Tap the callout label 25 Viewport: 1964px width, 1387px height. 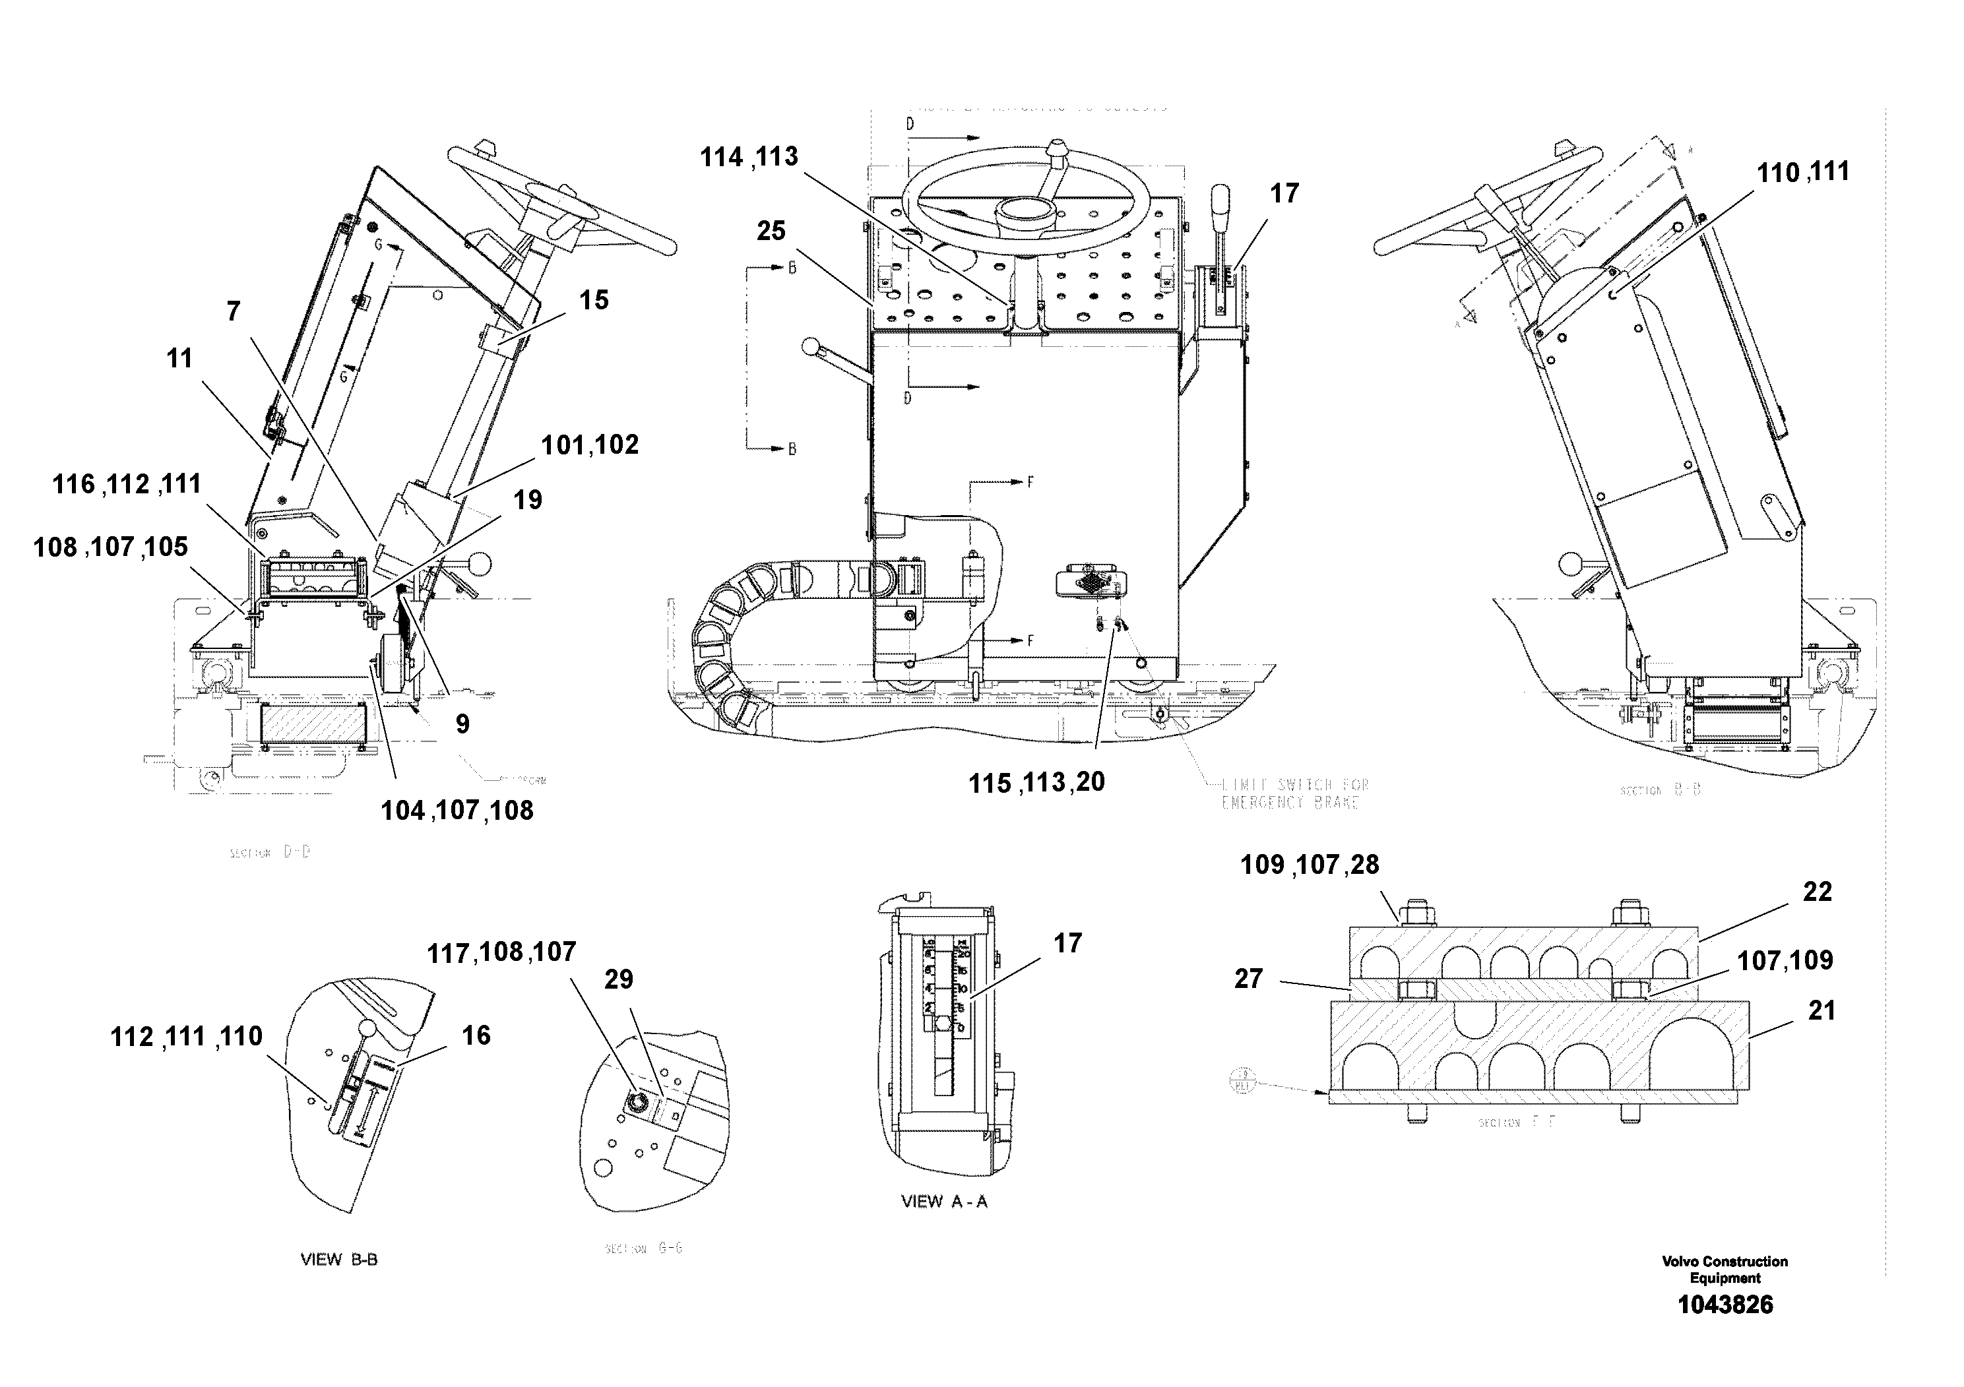pos(771,231)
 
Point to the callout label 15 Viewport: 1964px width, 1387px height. pos(594,300)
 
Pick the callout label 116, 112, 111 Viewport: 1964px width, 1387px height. pos(127,484)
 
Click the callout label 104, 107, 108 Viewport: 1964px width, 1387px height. pos(457,810)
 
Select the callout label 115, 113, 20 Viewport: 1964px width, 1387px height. pos(1036,782)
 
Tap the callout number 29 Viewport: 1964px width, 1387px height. pos(618,979)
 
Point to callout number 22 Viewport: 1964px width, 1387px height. pos(1817,892)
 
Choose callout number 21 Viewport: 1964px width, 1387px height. pos(1822,1011)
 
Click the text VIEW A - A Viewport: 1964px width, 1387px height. pos(943,1202)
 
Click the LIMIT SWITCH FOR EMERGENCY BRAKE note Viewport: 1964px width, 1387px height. pos(1294,793)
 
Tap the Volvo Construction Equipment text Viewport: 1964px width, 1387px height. pos(1725,1269)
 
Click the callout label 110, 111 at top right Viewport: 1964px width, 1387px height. pos(1802,173)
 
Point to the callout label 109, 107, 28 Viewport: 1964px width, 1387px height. pos(1310,865)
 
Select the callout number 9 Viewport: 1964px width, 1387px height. pos(462,724)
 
